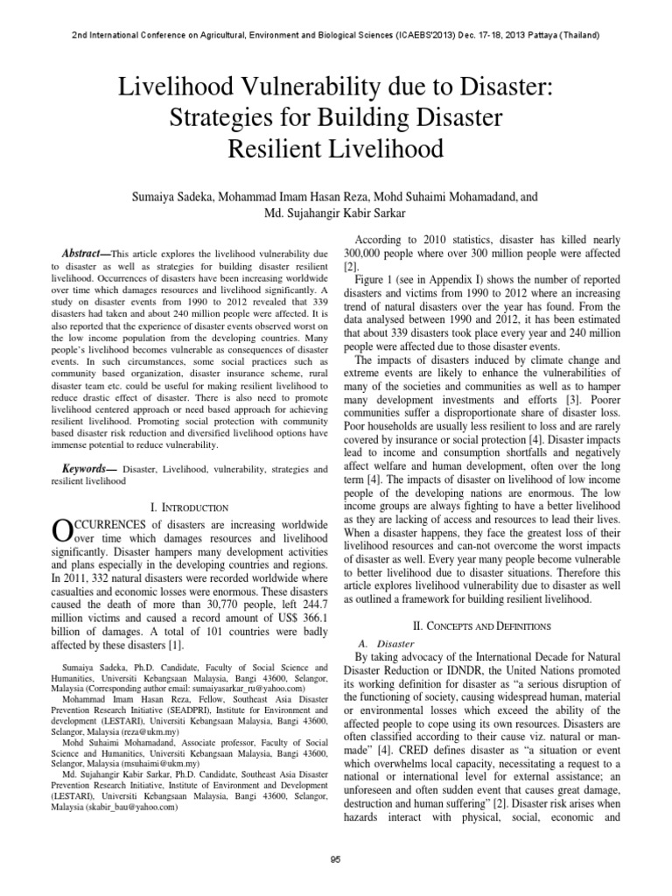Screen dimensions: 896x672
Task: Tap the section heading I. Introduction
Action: click(x=190, y=507)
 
